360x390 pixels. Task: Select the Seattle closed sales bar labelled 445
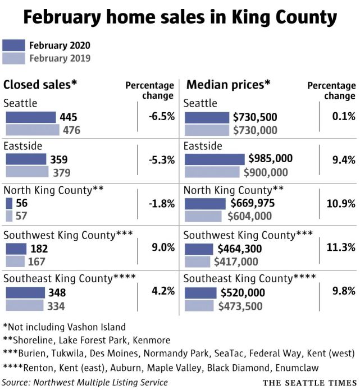tap(31, 117)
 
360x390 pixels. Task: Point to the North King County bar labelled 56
tap(10, 203)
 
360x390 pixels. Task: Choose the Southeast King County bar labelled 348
tap(25, 292)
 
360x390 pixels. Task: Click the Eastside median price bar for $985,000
tap(215, 159)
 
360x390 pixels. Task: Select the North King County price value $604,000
tap(249, 216)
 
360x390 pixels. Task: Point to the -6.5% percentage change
tap(162, 117)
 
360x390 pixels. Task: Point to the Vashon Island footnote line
tap(64, 327)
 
